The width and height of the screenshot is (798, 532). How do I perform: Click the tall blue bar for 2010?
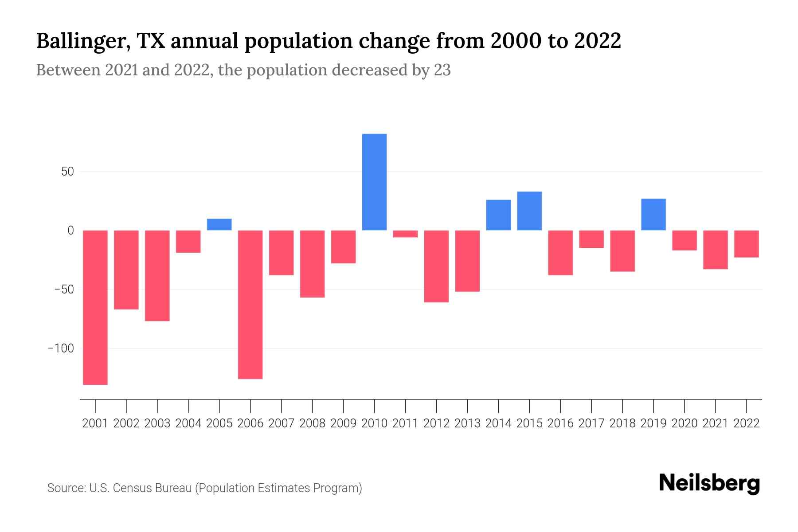click(374, 182)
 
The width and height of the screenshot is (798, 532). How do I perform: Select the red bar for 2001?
click(95, 307)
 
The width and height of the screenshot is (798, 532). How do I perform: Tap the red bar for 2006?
click(250, 305)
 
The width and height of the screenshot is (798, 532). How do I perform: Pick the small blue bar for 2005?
click(219, 224)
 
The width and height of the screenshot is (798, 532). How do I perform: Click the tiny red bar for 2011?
click(405, 234)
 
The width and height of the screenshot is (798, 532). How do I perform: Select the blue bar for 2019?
click(653, 215)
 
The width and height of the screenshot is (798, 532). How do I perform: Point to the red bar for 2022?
click(746, 244)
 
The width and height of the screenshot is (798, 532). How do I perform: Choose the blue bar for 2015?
click(529, 211)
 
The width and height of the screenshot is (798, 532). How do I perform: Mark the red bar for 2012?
click(436, 266)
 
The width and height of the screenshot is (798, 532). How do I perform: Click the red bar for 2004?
click(188, 242)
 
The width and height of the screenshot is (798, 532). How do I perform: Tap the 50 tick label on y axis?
click(67, 172)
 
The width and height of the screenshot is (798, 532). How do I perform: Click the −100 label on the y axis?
click(61, 348)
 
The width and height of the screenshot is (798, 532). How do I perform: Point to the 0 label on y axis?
click(70, 231)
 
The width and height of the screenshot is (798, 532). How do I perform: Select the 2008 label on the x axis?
click(312, 423)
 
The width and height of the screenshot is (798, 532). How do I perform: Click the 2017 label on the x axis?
click(591, 423)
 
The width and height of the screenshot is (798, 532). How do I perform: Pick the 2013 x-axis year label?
click(467, 423)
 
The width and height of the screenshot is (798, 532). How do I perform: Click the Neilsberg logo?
click(709, 483)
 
